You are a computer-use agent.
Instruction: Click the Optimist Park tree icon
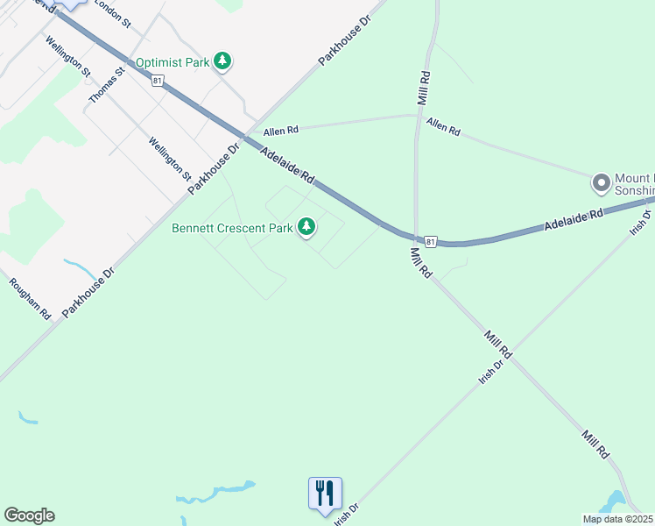224,61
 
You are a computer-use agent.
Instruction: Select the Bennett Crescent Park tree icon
306,228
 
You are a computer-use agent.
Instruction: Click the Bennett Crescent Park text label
231,229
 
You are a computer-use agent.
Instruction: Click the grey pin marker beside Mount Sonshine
601,184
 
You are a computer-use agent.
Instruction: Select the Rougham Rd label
30,298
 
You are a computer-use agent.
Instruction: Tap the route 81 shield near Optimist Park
157,81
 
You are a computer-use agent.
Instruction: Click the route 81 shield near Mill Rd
429,240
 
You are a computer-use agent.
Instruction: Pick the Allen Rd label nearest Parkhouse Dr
281,130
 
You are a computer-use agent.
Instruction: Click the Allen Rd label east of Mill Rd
444,127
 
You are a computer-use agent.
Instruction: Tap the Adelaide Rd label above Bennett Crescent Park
287,165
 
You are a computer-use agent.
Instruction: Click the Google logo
29,515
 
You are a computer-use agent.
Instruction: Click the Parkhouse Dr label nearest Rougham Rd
88,292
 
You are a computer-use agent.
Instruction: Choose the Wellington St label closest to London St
67,55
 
